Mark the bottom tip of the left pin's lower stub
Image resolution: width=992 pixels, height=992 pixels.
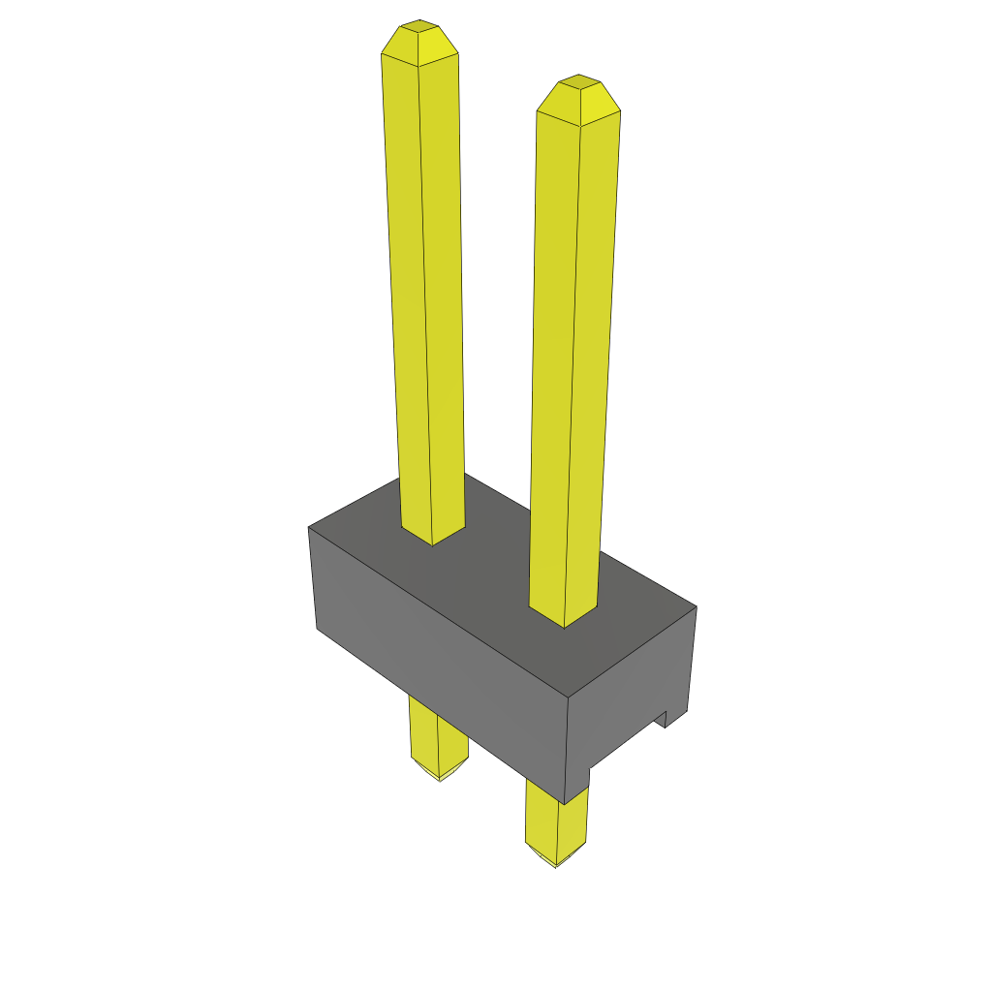(x=440, y=778)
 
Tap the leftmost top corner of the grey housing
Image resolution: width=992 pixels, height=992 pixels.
(x=308, y=527)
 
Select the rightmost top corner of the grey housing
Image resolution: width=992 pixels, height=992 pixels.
(x=697, y=607)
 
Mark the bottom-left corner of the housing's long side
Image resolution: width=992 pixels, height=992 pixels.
(x=317, y=629)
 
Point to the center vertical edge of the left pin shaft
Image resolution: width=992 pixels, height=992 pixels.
(x=425, y=291)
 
